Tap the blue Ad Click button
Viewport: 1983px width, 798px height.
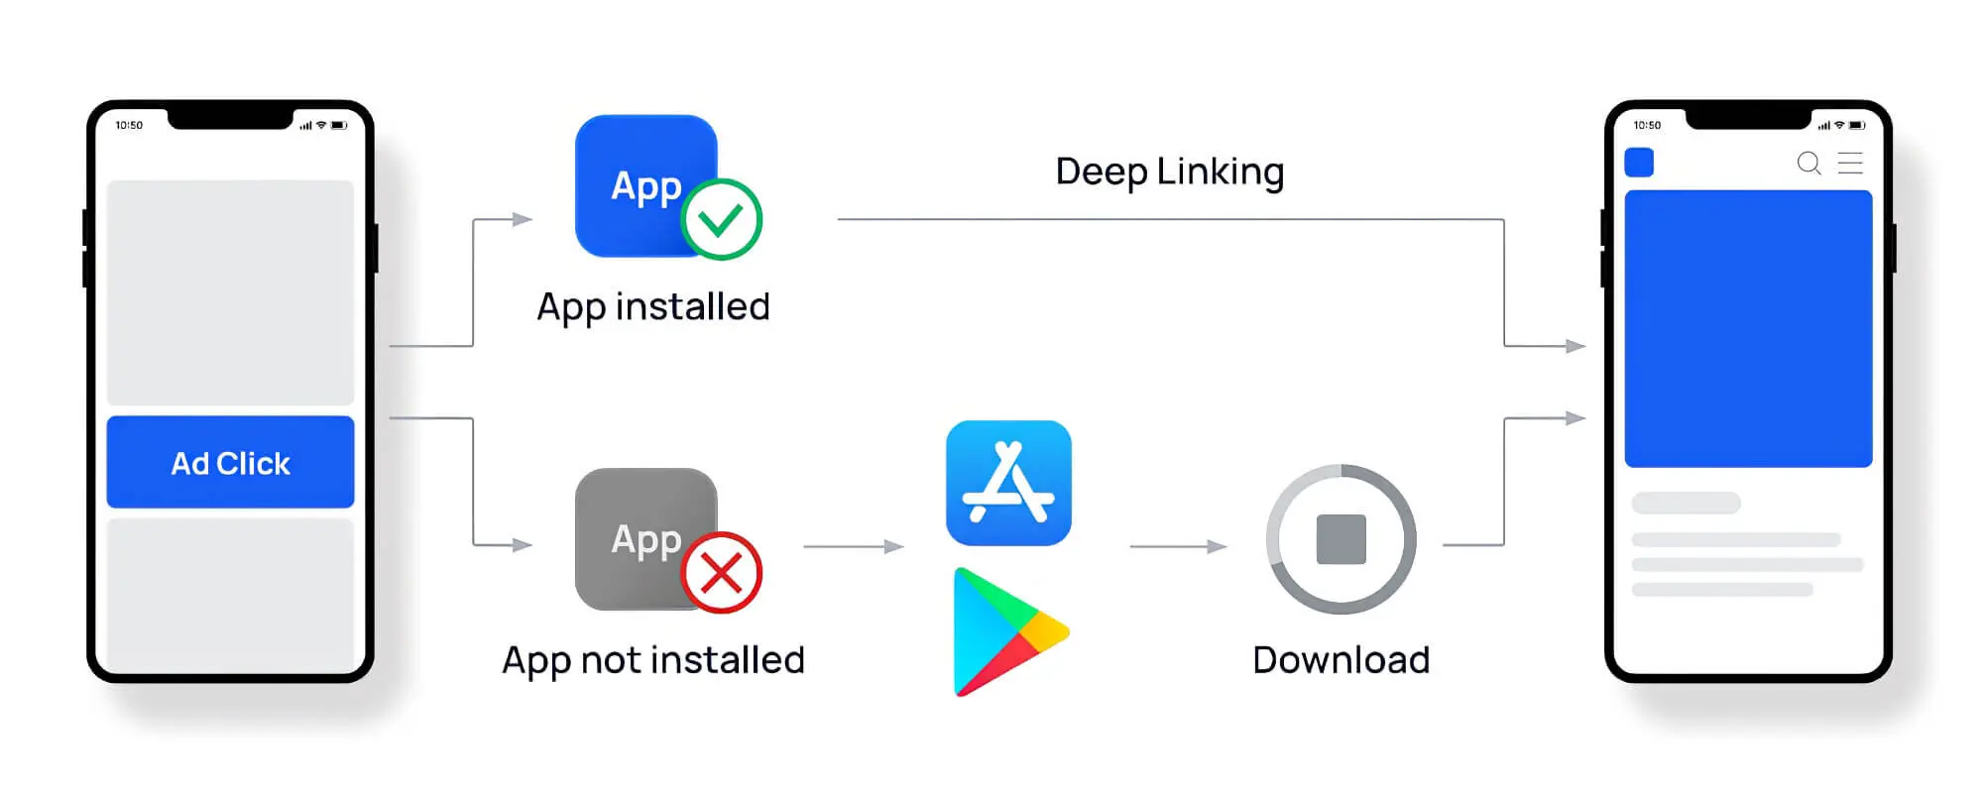(230, 462)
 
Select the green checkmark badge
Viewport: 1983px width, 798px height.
(721, 219)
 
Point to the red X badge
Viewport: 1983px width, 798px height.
(721, 572)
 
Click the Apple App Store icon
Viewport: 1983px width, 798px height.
(1008, 483)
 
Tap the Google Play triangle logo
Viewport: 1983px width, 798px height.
(1005, 631)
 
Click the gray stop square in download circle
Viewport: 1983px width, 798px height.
(1341, 539)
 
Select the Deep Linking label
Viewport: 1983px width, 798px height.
(1170, 171)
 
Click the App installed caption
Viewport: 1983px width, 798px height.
(653, 306)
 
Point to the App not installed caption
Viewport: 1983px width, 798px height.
(653, 660)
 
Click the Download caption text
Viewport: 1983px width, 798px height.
(1341, 660)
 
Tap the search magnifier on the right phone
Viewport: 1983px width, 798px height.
(1808, 163)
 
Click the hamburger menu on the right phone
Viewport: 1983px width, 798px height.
(1850, 163)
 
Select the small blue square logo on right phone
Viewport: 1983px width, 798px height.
(1639, 163)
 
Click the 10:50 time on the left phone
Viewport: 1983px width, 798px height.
(129, 126)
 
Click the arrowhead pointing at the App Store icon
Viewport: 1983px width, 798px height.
(894, 546)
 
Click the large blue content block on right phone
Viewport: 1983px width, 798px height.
(1748, 328)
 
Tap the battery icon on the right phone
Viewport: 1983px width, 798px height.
(1856, 126)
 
